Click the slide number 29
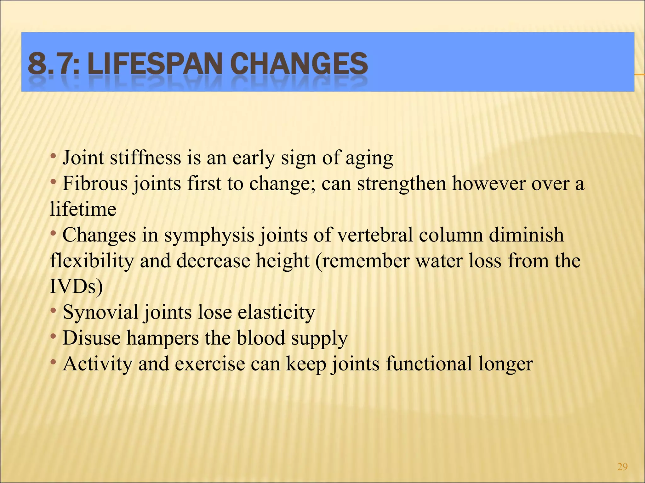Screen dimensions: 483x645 coord(622,467)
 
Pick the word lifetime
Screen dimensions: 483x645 coord(83,209)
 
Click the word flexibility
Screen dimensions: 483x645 coord(92,261)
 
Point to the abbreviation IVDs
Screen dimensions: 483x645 coord(76,286)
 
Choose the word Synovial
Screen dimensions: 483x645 coord(100,312)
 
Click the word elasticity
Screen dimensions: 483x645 coord(276,312)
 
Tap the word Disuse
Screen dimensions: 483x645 coord(92,338)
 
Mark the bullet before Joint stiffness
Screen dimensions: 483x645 coord(54,156)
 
